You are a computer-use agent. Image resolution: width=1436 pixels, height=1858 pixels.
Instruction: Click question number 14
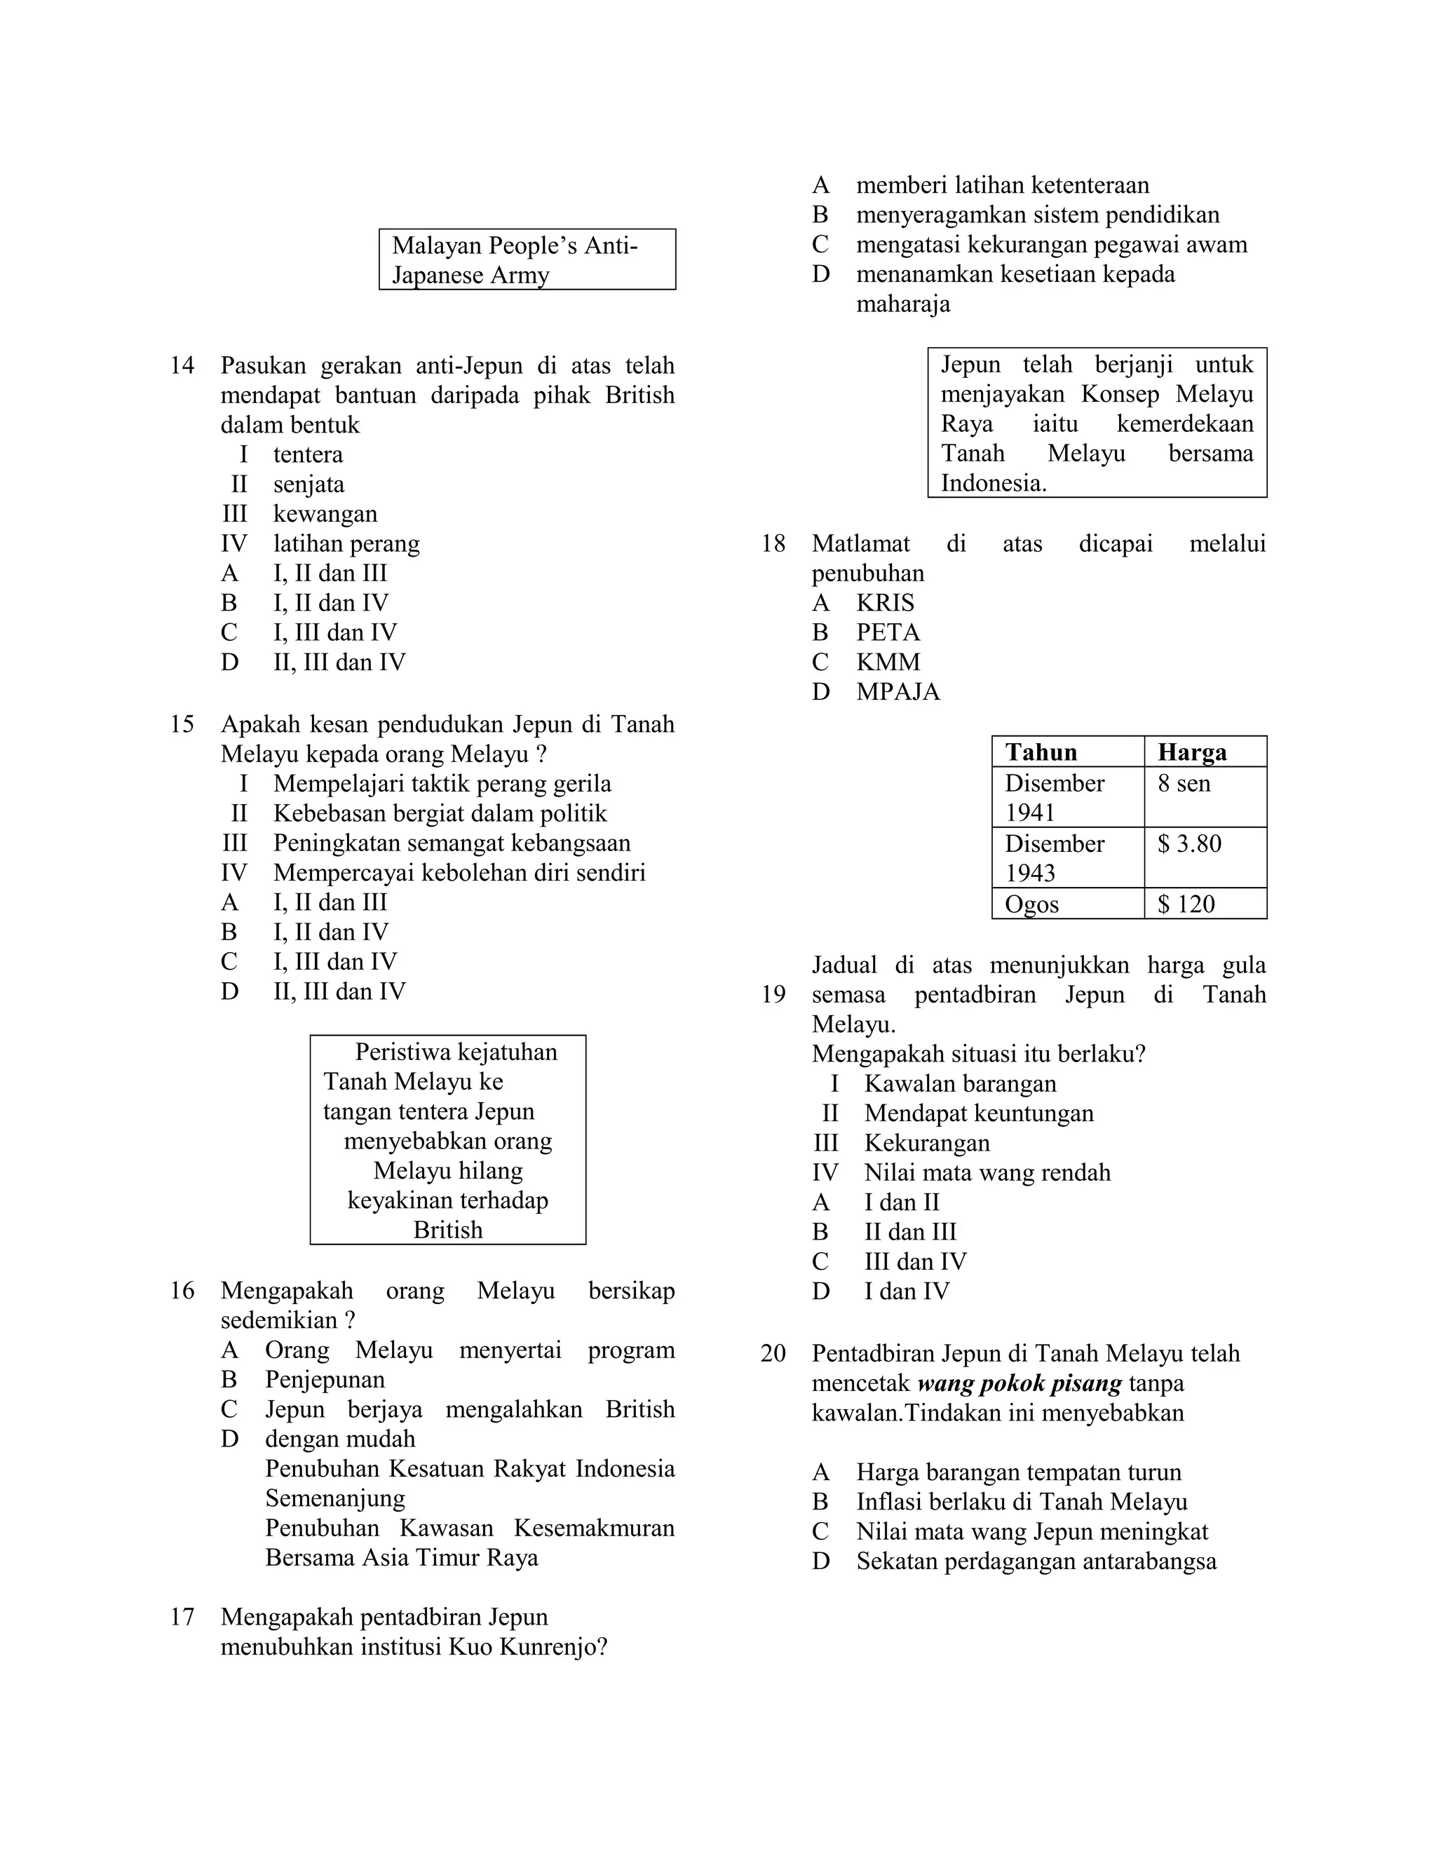(182, 366)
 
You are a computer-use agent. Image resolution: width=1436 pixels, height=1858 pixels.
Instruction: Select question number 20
(773, 1353)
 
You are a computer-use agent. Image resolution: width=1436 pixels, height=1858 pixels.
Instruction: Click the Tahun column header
(1041, 752)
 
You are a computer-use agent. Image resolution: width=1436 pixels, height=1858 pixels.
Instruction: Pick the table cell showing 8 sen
(1184, 784)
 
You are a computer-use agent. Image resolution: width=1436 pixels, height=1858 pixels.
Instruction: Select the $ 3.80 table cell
(1189, 844)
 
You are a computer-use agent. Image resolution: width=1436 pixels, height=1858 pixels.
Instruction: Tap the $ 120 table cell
(1186, 904)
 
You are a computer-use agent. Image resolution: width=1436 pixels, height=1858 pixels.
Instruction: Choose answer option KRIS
(885, 603)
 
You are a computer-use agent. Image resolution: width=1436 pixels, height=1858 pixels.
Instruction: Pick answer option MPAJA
(897, 693)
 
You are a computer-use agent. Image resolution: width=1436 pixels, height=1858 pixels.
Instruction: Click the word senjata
(308, 485)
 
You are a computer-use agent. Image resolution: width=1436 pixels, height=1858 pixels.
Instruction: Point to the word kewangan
(325, 515)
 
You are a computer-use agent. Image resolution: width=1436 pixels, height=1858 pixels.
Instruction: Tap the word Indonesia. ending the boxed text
(993, 484)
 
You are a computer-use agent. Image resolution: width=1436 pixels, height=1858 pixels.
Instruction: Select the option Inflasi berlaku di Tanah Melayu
(1021, 1503)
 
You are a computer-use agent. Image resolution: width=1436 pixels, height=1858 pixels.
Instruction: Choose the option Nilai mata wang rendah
(987, 1173)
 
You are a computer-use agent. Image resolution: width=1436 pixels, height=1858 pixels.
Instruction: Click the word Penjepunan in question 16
(324, 1379)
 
